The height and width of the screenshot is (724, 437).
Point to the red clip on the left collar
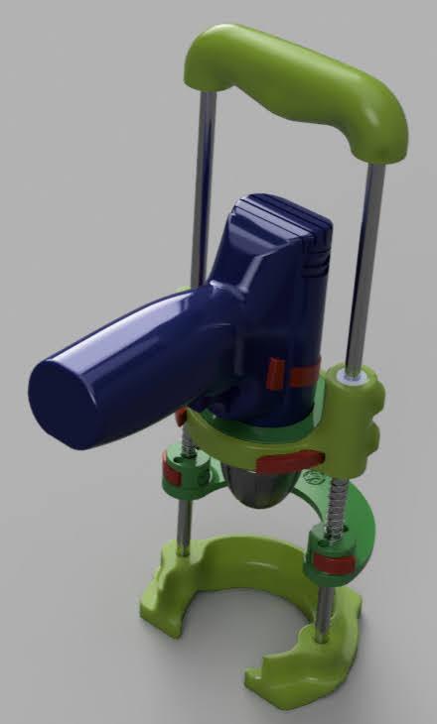coord(173,474)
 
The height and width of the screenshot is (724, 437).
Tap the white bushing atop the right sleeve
coord(352,374)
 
